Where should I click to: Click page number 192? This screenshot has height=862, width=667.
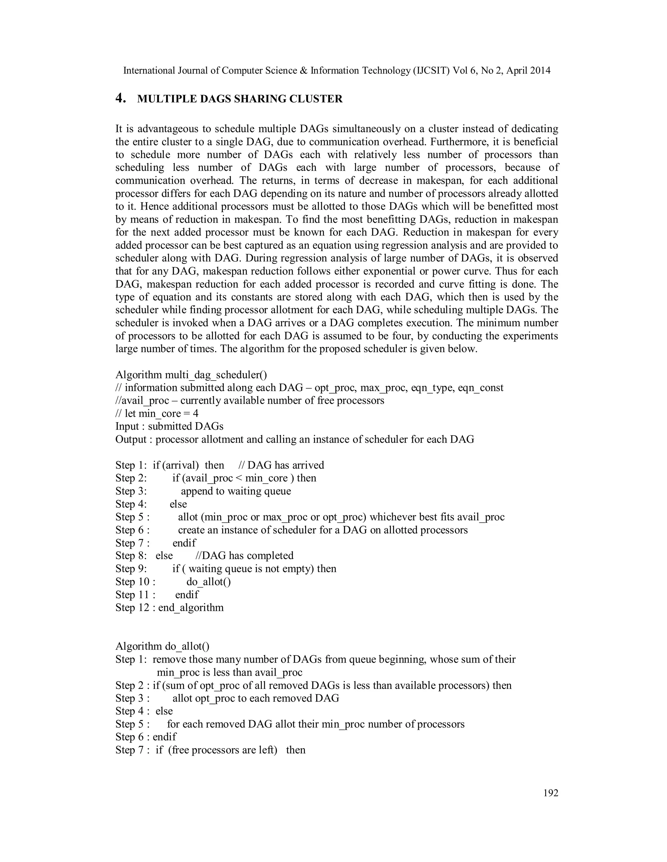pyautogui.click(x=551, y=793)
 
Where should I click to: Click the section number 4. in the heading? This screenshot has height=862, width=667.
pyautogui.click(x=121, y=98)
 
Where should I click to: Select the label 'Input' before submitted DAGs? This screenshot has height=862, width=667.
pyautogui.click(x=127, y=426)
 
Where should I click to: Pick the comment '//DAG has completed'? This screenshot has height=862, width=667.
pyautogui.click(x=245, y=556)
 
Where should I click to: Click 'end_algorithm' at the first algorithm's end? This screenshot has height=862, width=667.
pyautogui.click(x=191, y=607)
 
